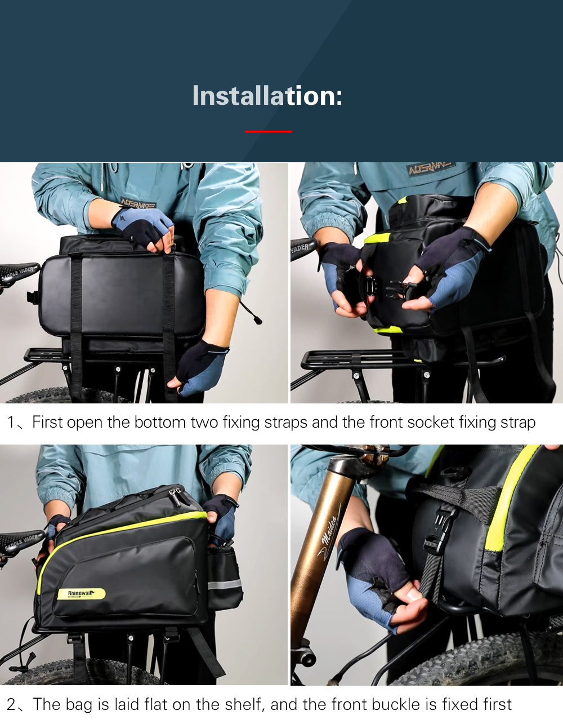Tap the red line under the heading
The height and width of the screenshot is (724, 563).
point(269,131)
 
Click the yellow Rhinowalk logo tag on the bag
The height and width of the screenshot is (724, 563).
point(81,594)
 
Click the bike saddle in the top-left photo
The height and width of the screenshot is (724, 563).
point(17,272)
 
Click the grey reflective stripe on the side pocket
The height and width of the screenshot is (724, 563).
point(224,584)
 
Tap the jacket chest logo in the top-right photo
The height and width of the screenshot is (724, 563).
point(431,168)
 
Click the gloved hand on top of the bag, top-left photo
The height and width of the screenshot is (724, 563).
point(144,226)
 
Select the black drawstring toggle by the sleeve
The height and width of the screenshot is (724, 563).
point(257,320)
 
